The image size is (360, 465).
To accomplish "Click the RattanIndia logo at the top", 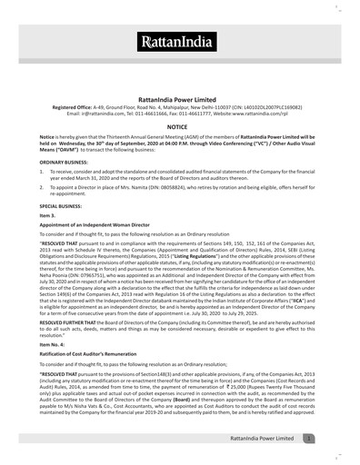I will coord(180,41).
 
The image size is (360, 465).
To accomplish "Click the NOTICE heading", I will coord(180,129).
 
